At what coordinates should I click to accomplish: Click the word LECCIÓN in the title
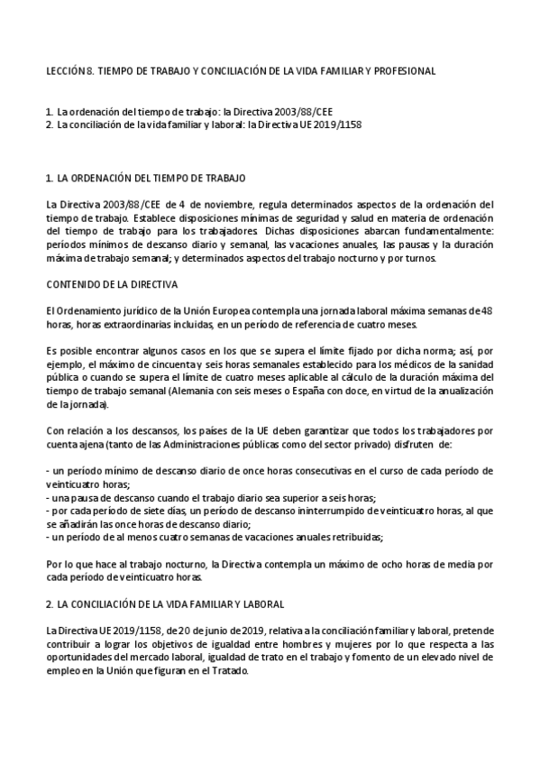click(x=65, y=69)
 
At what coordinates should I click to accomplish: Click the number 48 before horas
click(x=487, y=311)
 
